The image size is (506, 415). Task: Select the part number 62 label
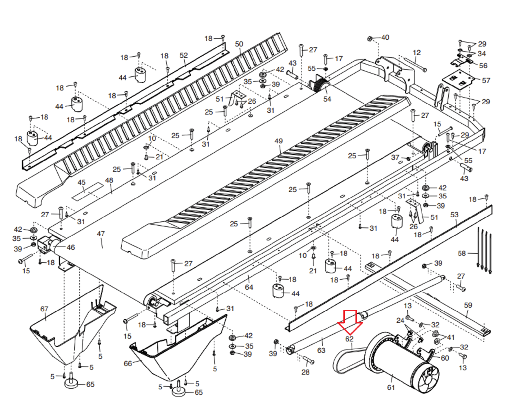click(349, 339)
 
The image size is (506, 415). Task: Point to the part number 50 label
click(239, 44)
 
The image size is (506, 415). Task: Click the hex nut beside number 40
click(369, 39)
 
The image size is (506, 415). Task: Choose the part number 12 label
click(417, 53)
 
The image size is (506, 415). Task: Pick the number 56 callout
click(483, 65)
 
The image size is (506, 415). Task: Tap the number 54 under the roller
click(327, 99)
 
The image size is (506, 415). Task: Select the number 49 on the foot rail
click(279, 141)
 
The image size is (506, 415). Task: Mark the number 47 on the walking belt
click(101, 234)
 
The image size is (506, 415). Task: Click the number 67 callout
click(44, 309)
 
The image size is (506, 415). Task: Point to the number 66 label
click(128, 363)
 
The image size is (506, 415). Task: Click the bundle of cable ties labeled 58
click(484, 250)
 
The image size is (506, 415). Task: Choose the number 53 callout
click(454, 214)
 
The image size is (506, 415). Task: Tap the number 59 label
click(468, 305)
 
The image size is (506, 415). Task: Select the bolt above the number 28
click(308, 360)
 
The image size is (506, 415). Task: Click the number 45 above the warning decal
click(82, 182)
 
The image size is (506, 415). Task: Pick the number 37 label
click(395, 157)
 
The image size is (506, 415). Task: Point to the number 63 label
click(321, 350)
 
